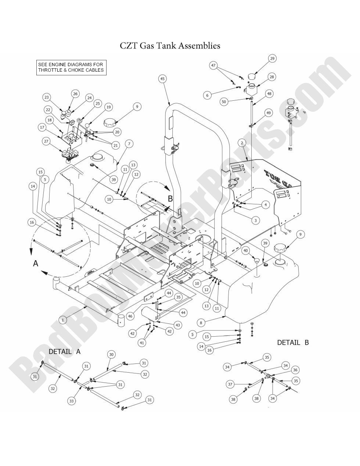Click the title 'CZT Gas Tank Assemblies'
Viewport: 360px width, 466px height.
click(170, 46)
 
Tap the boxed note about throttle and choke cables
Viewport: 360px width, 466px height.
click(71, 68)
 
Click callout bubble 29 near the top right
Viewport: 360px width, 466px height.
click(272, 58)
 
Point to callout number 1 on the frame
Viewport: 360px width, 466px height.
click(63, 320)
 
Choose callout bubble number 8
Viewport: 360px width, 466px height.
click(201, 323)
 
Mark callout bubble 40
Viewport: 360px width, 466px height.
click(246, 251)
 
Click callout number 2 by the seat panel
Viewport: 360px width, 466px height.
click(242, 142)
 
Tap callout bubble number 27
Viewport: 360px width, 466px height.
click(46, 141)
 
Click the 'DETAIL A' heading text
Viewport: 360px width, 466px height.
click(64, 351)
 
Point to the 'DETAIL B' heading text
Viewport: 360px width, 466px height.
click(293, 343)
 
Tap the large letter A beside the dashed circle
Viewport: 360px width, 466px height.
click(36, 263)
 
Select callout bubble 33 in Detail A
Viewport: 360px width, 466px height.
click(72, 401)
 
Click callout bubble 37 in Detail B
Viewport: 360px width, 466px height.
click(230, 384)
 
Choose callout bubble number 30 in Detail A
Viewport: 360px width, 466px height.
click(111, 355)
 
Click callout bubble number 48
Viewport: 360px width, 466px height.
click(269, 94)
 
